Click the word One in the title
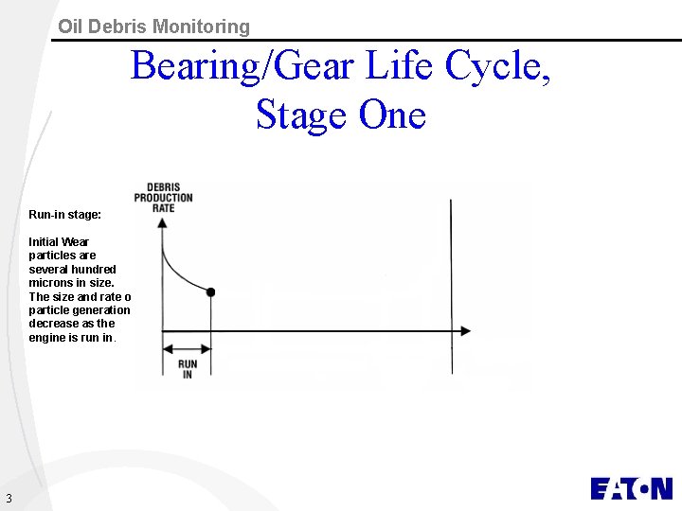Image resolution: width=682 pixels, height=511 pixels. pos(392,115)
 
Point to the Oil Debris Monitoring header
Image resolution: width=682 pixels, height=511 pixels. pos(153,26)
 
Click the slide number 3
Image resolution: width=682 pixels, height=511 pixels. pos(9,499)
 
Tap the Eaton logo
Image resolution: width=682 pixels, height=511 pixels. pos(631,488)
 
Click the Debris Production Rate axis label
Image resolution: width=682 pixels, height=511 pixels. pos(163,198)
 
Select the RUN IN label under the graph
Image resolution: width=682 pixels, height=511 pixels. pos(188,369)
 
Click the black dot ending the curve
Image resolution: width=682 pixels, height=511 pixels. pos(210,292)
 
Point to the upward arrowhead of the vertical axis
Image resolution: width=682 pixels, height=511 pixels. pos(163,223)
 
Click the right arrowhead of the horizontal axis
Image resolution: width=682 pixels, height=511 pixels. pos(464,331)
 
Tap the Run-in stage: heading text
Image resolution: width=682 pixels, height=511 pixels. pos(64,215)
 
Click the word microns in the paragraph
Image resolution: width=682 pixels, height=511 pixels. pos(51,283)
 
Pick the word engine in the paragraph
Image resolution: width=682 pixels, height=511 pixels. pos(48,337)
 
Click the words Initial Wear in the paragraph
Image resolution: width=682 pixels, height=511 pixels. pos(59,242)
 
